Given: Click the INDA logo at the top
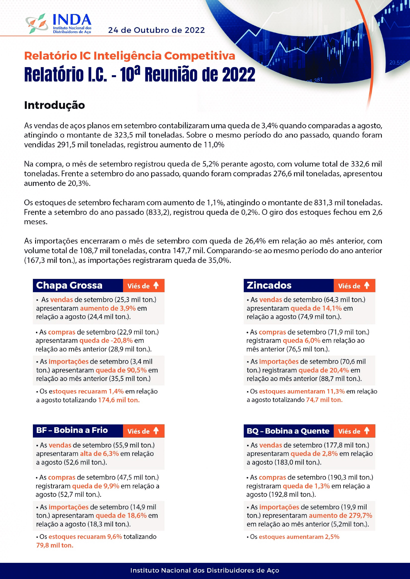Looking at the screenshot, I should (x=59, y=23).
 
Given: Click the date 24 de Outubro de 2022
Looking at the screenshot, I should (x=156, y=30).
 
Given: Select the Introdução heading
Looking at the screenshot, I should (x=54, y=105).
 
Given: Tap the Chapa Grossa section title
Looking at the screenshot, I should (x=69, y=285).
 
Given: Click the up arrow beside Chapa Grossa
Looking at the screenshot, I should (x=156, y=285).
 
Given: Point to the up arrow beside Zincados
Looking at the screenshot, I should (x=367, y=285).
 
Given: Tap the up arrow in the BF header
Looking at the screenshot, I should (x=156, y=431).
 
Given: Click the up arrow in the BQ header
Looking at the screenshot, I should (x=367, y=431).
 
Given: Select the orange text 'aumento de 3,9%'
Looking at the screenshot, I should (x=108, y=308).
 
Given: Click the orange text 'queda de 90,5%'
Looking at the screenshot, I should (x=121, y=370).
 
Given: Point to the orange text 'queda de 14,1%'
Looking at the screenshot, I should (x=316, y=308).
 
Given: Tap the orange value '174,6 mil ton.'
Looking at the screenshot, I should (x=119, y=400).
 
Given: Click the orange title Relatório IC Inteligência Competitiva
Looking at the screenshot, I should (x=130, y=56).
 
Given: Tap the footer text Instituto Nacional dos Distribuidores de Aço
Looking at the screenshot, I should (x=205, y=570).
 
